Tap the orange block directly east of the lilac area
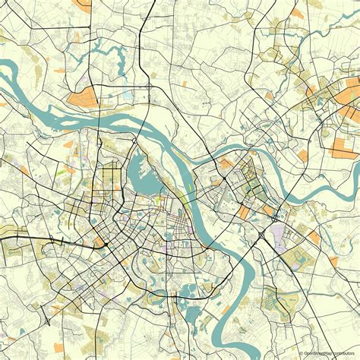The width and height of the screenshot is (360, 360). [x=313, y=237]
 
